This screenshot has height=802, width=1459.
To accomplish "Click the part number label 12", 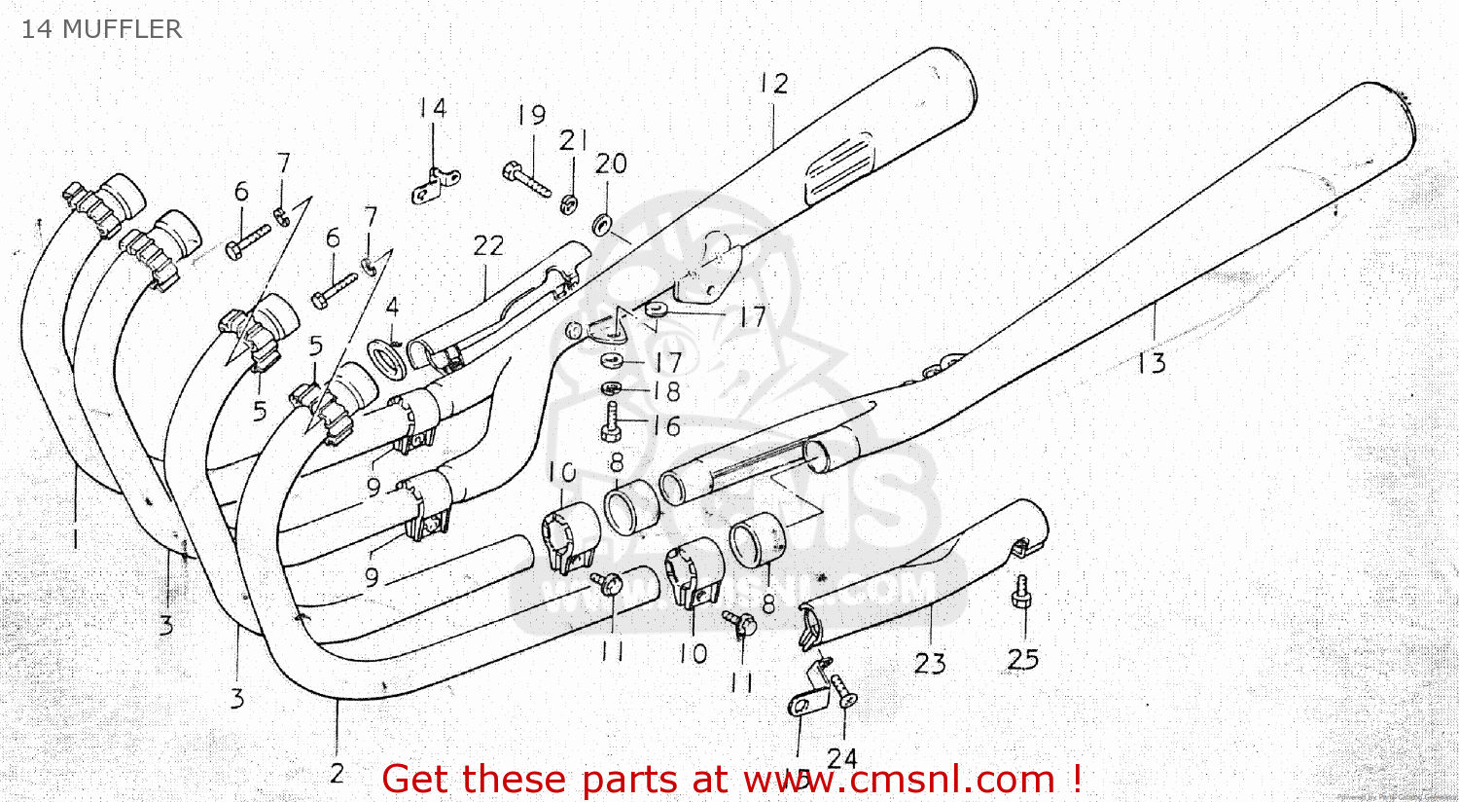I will coord(774,84).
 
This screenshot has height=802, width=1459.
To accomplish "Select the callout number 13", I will coord(1151,363).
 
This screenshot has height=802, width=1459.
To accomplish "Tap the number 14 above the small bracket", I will coord(433,107).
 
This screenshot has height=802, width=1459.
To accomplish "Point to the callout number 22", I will coord(488,245).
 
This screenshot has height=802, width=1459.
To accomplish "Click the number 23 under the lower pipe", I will coord(930,663).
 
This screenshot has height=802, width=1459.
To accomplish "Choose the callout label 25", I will coord(1023,659).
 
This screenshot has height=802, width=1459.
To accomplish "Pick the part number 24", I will coord(842,757).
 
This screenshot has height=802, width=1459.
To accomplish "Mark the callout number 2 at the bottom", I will coord(337,774).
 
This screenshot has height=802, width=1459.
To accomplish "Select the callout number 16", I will coord(666,425).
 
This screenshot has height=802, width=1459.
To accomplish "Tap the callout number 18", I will coord(666,391).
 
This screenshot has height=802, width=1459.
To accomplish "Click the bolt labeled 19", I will coord(527,179).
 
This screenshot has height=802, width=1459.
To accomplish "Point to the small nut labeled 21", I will coord(569,202).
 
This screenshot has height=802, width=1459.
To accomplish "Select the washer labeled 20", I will coord(602,226).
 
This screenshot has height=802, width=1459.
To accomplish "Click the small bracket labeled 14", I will coord(435,185).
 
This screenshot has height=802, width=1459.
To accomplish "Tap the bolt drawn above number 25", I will coord(1021,593).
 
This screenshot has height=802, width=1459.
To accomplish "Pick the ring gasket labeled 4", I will coord(388,356).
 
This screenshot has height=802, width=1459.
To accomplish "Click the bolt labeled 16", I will coord(611,422).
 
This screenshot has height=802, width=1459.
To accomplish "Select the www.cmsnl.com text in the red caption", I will coord(900,780).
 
